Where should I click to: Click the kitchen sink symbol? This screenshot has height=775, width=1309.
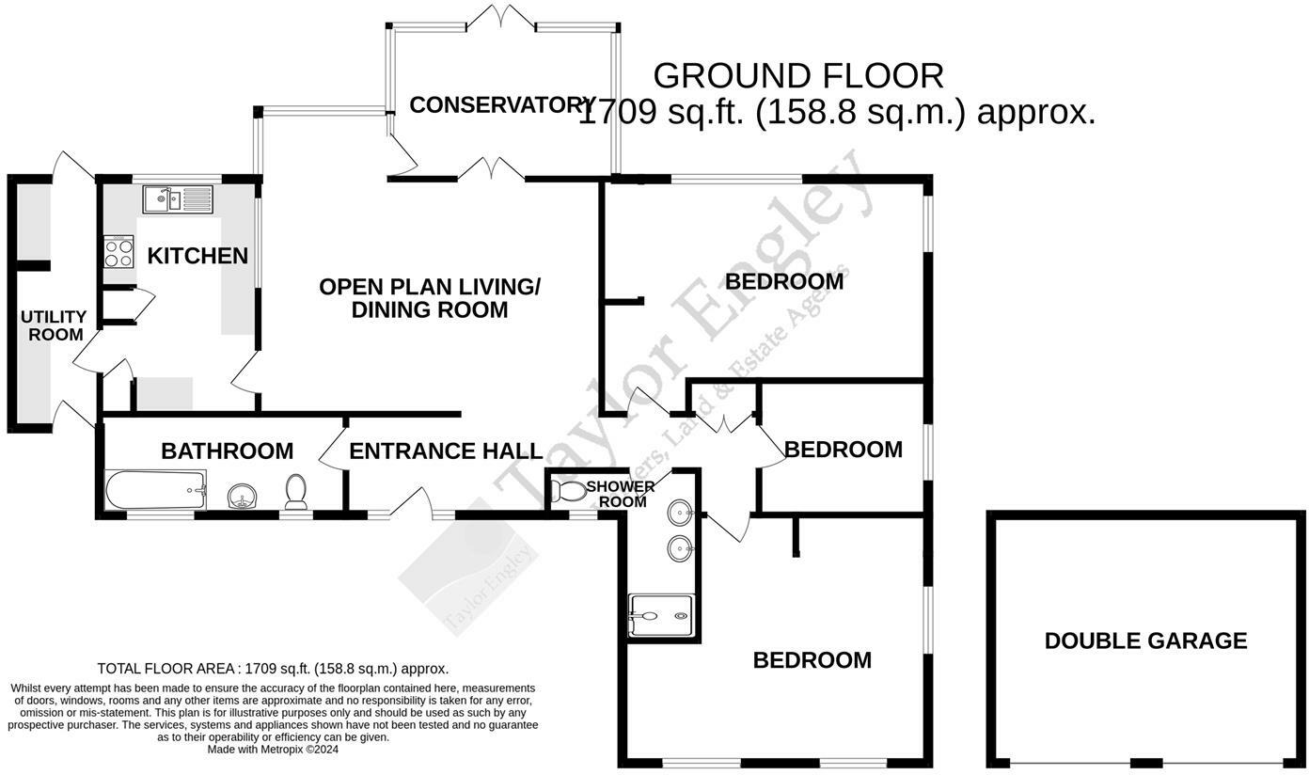click(x=178, y=199)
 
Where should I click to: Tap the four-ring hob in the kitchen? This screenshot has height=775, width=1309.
click(x=118, y=253)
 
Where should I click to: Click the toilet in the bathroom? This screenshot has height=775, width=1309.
click(x=296, y=490)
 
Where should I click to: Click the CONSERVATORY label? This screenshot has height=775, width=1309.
click(x=502, y=104)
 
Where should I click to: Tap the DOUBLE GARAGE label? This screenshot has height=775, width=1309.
click(x=1145, y=641)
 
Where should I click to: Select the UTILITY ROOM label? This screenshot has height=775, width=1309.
click(x=55, y=325)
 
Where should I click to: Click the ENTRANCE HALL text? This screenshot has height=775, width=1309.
click(x=446, y=451)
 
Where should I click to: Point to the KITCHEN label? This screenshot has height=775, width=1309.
click(x=197, y=255)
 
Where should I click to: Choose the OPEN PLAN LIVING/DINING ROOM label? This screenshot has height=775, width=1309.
click(x=430, y=297)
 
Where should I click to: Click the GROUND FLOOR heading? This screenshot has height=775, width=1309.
click(x=797, y=75)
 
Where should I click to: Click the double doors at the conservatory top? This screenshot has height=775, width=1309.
click(x=504, y=16)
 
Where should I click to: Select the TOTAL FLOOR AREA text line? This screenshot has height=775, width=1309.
click(x=273, y=669)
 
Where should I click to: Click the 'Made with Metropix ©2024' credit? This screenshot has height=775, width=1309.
click(x=273, y=750)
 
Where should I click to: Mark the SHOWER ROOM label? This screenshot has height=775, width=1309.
click(x=621, y=494)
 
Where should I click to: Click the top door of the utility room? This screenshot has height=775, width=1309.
click(x=71, y=166)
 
